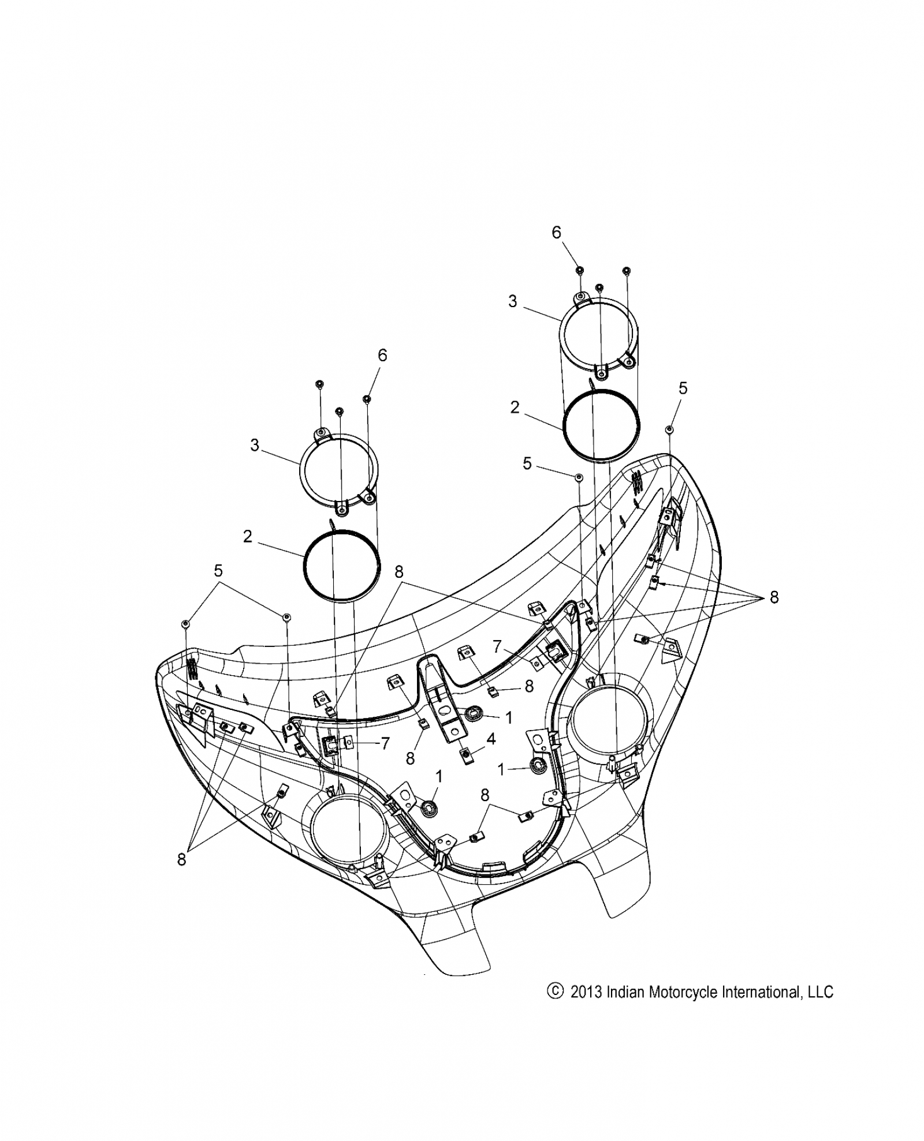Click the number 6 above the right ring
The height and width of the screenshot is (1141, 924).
(556, 232)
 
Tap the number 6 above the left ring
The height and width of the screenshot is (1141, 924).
(382, 356)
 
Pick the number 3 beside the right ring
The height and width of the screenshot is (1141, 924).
(513, 301)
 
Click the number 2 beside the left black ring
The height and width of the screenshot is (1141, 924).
(248, 537)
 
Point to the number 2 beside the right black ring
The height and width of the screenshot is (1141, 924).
(515, 407)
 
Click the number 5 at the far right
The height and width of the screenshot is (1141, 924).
(683, 388)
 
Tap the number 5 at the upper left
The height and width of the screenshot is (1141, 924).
(218, 571)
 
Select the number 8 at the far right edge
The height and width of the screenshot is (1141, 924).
(774, 597)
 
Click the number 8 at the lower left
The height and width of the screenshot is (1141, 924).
(182, 876)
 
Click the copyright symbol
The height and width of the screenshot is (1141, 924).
(554, 991)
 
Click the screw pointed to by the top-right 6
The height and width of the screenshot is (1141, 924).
(579, 270)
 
